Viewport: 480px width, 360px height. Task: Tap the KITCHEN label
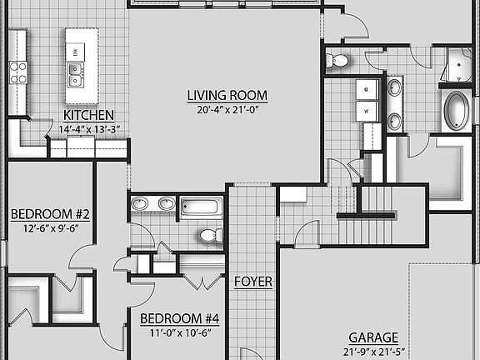[88, 115]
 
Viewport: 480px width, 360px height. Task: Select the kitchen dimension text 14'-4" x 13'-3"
[89, 129]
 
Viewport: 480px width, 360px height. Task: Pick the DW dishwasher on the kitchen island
[77, 53]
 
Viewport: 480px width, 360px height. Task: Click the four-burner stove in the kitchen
[18, 72]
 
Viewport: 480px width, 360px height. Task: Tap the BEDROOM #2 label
[50, 214]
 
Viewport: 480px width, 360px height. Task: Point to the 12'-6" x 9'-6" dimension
[50, 229]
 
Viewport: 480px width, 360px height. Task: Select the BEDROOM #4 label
[179, 318]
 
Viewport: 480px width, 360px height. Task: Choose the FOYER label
[252, 282]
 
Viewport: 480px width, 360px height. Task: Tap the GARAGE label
[372, 337]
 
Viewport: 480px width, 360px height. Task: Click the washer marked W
[366, 110]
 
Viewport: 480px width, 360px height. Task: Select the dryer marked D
[366, 87]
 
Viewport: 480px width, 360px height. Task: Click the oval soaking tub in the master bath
[456, 111]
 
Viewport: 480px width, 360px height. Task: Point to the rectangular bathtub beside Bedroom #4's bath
[202, 206]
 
